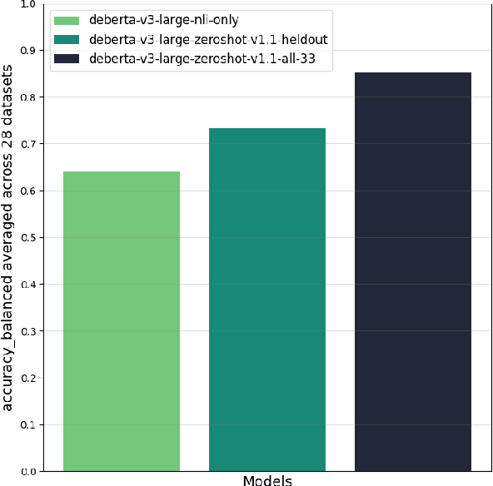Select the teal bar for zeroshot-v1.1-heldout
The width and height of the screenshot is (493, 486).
pos(267,300)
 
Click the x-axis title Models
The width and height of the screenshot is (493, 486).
pos(267,480)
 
